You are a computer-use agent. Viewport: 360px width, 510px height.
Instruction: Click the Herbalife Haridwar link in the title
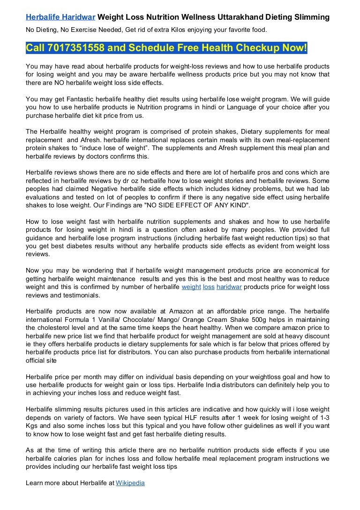click(60, 17)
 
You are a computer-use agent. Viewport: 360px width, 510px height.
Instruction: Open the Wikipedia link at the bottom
click(130, 482)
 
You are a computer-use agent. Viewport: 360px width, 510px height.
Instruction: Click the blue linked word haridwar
click(229, 287)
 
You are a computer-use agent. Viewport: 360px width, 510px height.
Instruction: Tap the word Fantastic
click(75, 99)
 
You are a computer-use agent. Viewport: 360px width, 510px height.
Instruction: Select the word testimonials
click(80, 295)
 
